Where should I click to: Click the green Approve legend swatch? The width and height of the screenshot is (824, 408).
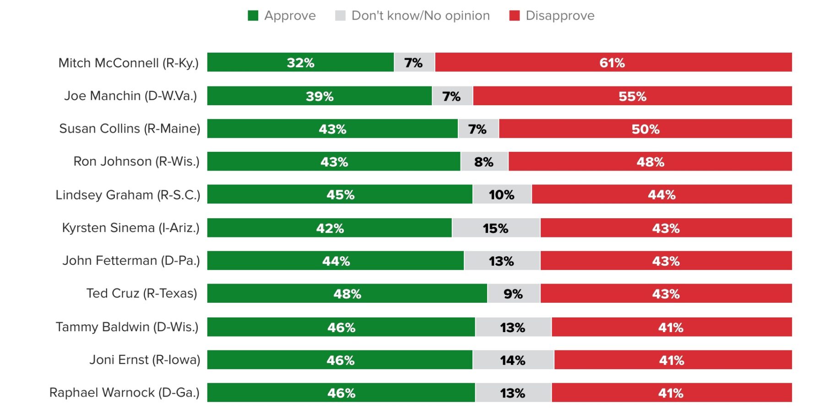coord(253,16)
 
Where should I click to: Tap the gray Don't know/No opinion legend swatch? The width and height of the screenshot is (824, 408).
coord(340,16)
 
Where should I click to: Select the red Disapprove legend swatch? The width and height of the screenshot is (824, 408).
coord(514,16)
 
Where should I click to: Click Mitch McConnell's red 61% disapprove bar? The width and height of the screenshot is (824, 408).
coord(613,62)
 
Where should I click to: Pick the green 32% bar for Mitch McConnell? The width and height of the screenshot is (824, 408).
coord(300,62)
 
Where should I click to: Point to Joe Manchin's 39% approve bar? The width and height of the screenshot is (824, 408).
coord(319,96)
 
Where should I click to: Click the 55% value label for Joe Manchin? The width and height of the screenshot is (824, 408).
coord(632,97)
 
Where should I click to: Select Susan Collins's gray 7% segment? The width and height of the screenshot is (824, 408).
coord(478,129)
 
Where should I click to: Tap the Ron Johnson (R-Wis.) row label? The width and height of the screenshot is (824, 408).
coord(136,161)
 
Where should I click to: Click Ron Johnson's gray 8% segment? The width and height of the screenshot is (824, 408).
coord(484,162)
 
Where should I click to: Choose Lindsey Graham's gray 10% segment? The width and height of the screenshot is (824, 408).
coord(502,194)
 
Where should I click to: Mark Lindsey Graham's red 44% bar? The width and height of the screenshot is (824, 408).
coord(661,194)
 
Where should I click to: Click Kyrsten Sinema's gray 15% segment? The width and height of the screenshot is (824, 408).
coord(496,228)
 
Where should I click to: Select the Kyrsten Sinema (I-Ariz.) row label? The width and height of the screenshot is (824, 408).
coord(131,228)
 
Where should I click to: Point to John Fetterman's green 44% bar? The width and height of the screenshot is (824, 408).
coord(336,261)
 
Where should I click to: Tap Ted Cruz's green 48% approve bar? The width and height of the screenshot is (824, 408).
coord(347,294)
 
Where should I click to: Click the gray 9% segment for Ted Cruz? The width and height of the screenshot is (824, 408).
coord(514,294)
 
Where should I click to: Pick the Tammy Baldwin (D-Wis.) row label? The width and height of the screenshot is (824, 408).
coord(127,327)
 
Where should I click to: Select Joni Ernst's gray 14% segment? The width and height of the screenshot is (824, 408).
coord(513,360)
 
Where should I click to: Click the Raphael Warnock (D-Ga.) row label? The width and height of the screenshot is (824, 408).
coord(125,392)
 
